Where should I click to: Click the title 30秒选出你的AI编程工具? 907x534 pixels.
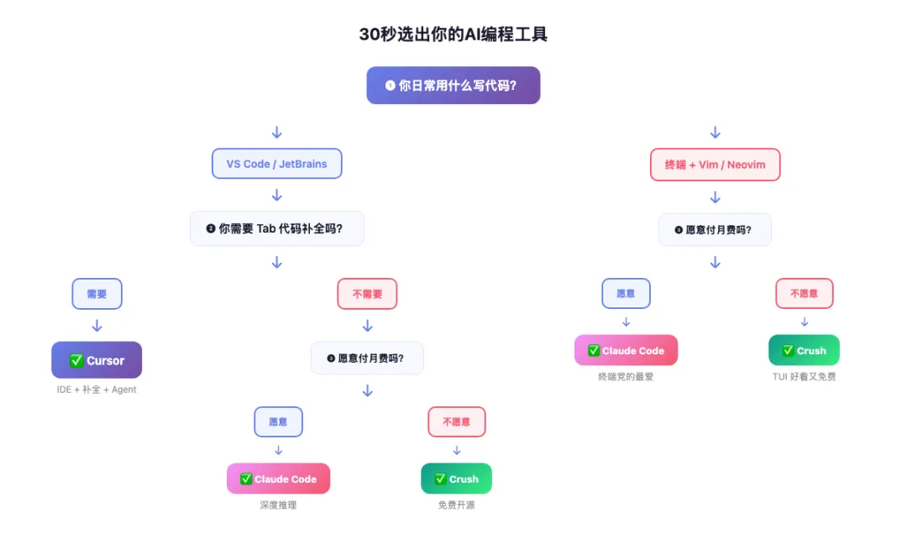click(453, 34)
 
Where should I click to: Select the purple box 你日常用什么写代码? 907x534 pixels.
click(453, 85)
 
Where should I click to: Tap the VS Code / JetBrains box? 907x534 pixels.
click(276, 164)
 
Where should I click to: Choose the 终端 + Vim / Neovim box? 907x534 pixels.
click(715, 165)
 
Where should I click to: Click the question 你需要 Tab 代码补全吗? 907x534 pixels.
click(276, 228)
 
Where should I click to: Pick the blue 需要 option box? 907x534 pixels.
click(97, 294)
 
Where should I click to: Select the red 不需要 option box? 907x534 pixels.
click(367, 294)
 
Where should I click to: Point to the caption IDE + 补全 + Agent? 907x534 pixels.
click(97, 390)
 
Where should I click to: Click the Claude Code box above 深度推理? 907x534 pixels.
click(278, 479)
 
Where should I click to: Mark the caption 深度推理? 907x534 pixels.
click(278, 505)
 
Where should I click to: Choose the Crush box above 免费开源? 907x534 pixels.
click(456, 479)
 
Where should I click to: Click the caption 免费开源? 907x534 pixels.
click(456, 505)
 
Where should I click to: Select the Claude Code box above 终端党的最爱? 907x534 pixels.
click(626, 350)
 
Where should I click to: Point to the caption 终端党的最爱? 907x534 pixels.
click(626, 377)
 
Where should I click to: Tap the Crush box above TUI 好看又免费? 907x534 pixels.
click(804, 350)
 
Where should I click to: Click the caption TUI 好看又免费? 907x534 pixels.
click(804, 377)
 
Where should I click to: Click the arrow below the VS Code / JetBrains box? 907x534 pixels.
click(276, 196)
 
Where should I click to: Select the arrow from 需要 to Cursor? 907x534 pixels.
click(97, 326)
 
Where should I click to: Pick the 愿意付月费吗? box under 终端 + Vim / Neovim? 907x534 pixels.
click(715, 229)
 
